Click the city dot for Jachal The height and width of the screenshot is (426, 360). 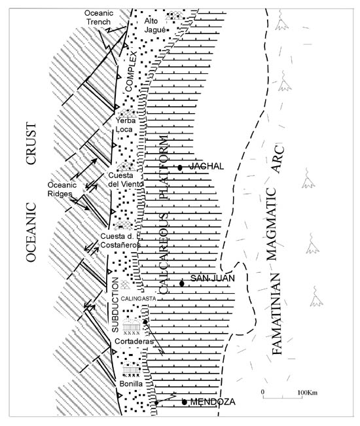coord(179,168)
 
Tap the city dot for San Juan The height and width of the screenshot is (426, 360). coord(182,283)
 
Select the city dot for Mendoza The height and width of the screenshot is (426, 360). coord(185,402)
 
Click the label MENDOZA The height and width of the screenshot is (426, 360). coord(213,402)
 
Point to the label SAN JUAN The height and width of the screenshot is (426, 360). coord(213,278)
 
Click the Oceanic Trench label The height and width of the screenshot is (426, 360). coord(99,18)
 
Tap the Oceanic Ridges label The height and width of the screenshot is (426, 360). coord(62,189)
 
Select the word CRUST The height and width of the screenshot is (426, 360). coord(31,143)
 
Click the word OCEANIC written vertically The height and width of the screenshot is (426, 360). coord(31,232)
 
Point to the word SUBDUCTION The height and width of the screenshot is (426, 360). coord(115,304)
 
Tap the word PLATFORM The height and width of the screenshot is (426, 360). coord(163,168)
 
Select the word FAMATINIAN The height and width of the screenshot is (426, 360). coord(277,314)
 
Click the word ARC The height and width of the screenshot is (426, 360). coord(278,160)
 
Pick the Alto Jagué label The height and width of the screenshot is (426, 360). coord(155,26)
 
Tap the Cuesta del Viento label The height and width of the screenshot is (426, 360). coord(125,179)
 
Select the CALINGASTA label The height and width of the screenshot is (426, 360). coord(138,299)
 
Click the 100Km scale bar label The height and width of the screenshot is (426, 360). coord(307,393)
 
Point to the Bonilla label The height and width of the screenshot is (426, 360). coord(131,383)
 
